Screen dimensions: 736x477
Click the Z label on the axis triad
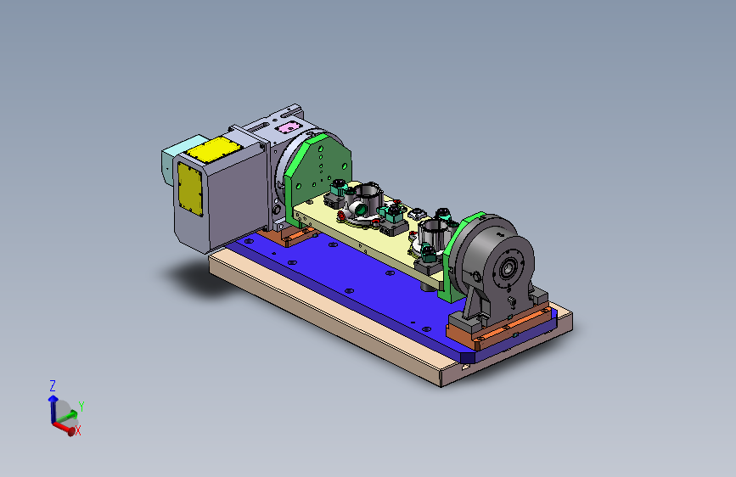tap(53, 386)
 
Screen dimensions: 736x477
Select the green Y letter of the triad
tap(81, 407)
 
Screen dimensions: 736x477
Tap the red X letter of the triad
tap(78, 430)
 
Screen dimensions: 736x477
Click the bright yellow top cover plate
tap(214, 149)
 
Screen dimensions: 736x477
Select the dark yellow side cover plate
tap(190, 189)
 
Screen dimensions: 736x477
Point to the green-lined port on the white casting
tap(361, 209)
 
